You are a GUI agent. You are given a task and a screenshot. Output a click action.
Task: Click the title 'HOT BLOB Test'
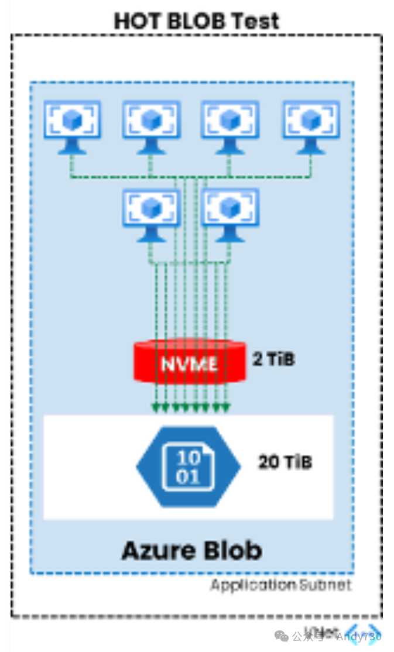coord(197,21)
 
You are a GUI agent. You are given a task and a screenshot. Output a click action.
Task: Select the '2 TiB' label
coord(274,359)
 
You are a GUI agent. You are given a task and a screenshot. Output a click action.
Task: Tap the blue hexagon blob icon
coord(189,466)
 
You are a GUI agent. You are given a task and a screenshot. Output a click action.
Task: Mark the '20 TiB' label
coord(285,462)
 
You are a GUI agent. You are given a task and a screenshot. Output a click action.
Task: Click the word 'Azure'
coord(159,550)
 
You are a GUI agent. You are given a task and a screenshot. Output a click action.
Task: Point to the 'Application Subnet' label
coord(281,584)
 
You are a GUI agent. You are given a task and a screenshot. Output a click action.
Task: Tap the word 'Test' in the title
coord(255,21)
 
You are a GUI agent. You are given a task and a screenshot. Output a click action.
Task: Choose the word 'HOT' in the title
coord(135,21)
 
